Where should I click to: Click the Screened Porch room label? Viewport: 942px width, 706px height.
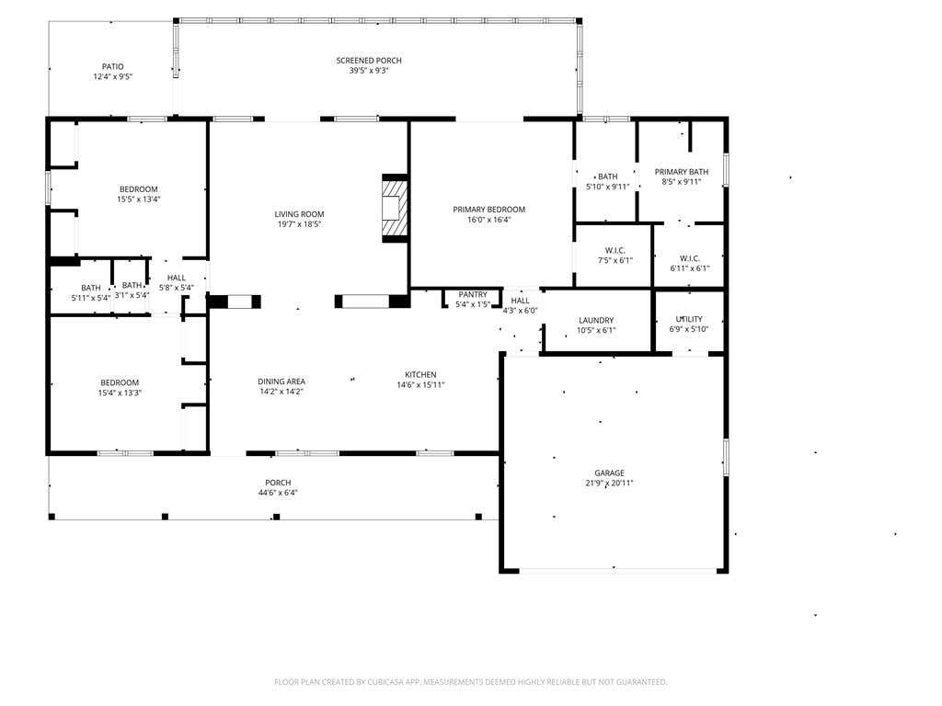pos(369,61)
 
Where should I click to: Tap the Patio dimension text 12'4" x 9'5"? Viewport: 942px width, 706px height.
pos(113,77)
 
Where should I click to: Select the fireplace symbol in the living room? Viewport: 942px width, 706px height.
pos(396,209)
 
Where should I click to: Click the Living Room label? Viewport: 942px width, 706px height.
pos(299,214)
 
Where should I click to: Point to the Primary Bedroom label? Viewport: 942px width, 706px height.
pos(489,210)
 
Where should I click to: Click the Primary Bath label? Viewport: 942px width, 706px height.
pos(682,172)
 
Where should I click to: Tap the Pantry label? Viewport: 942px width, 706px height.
pos(473,295)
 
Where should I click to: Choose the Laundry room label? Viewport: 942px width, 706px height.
pos(596,321)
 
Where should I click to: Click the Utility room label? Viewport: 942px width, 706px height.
pos(689,319)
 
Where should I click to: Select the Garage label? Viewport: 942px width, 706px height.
pos(610,473)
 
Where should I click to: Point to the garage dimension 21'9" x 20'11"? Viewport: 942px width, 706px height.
pos(610,484)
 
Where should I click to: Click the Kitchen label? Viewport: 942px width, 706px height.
pos(420,375)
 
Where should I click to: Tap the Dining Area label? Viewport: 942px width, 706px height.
pos(281,381)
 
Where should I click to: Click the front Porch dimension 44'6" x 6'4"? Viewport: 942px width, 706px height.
pos(278,493)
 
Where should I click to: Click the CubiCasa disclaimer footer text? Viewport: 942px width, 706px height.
pos(471,682)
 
